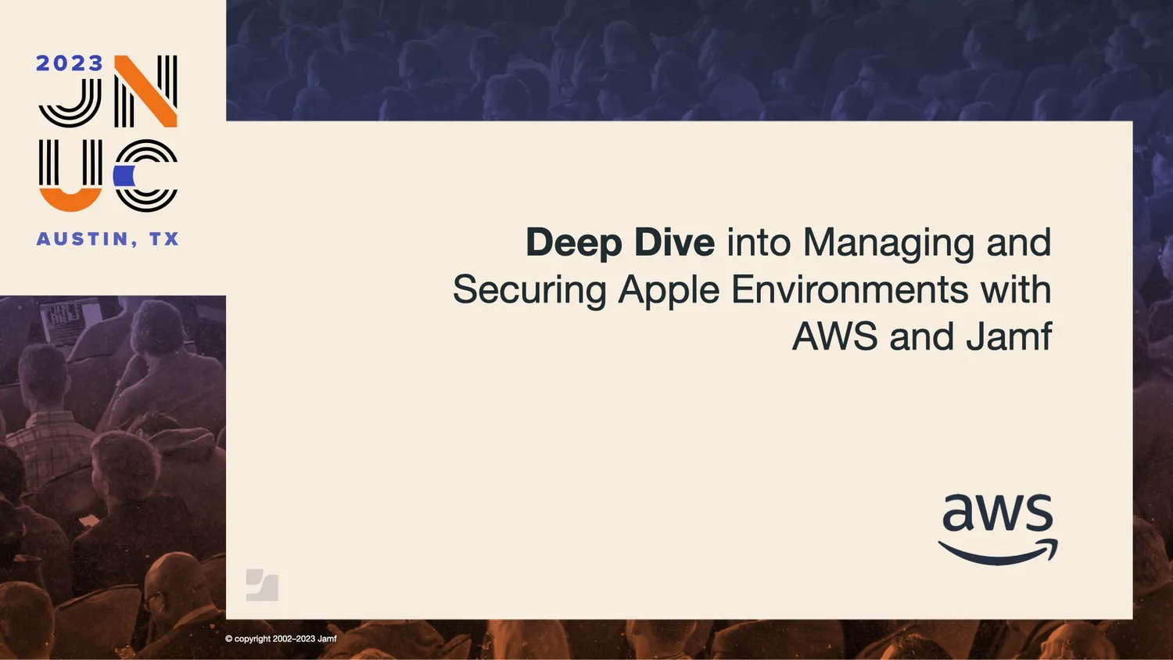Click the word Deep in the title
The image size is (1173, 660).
click(x=573, y=243)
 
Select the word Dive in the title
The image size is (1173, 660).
click(x=673, y=242)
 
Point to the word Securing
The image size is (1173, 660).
click(x=529, y=291)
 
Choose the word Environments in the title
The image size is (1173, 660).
click(x=849, y=290)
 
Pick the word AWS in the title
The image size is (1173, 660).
click(x=834, y=337)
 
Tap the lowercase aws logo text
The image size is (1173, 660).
click(x=997, y=514)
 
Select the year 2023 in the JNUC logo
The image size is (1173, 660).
click(x=69, y=63)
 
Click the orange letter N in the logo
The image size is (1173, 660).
click(x=146, y=91)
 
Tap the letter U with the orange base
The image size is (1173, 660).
click(x=70, y=176)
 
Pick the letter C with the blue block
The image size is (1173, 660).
click(x=145, y=176)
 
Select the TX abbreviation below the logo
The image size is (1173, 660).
click(x=164, y=239)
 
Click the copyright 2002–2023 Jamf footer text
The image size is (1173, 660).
click(x=281, y=639)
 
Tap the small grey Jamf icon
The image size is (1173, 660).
click(x=262, y=585)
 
